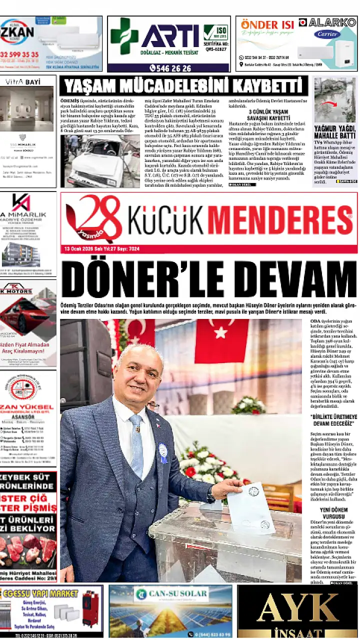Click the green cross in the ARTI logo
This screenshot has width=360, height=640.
124,36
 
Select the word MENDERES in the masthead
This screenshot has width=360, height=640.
279,218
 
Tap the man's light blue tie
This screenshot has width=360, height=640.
136,445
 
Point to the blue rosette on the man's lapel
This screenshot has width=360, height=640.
163,452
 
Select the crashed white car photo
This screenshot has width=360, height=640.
99,160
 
